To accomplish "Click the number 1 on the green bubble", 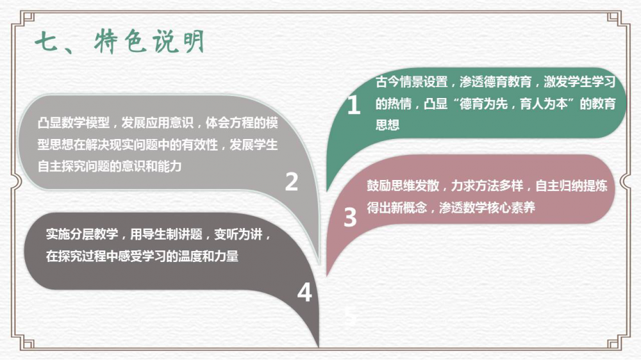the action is click(354, 105).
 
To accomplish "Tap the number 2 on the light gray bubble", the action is click(292, 181).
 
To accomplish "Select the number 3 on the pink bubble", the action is click(350, 217).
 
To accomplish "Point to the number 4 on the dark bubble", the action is click(304, 293).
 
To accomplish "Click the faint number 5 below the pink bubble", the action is click(350, 315).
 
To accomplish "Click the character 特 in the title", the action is click(106, 42).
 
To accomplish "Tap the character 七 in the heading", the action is click(47, 42).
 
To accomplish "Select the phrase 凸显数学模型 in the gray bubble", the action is click(74, 122).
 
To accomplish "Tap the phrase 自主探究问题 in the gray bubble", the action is click(74, 167).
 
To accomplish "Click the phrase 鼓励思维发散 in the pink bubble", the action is click(403, 186).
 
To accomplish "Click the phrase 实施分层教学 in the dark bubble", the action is click(82, 234).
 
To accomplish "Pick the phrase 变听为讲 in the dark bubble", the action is click(238, 234).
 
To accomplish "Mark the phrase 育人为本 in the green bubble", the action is click(544, 104).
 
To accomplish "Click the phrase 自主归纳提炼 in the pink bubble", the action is click(572, 186).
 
